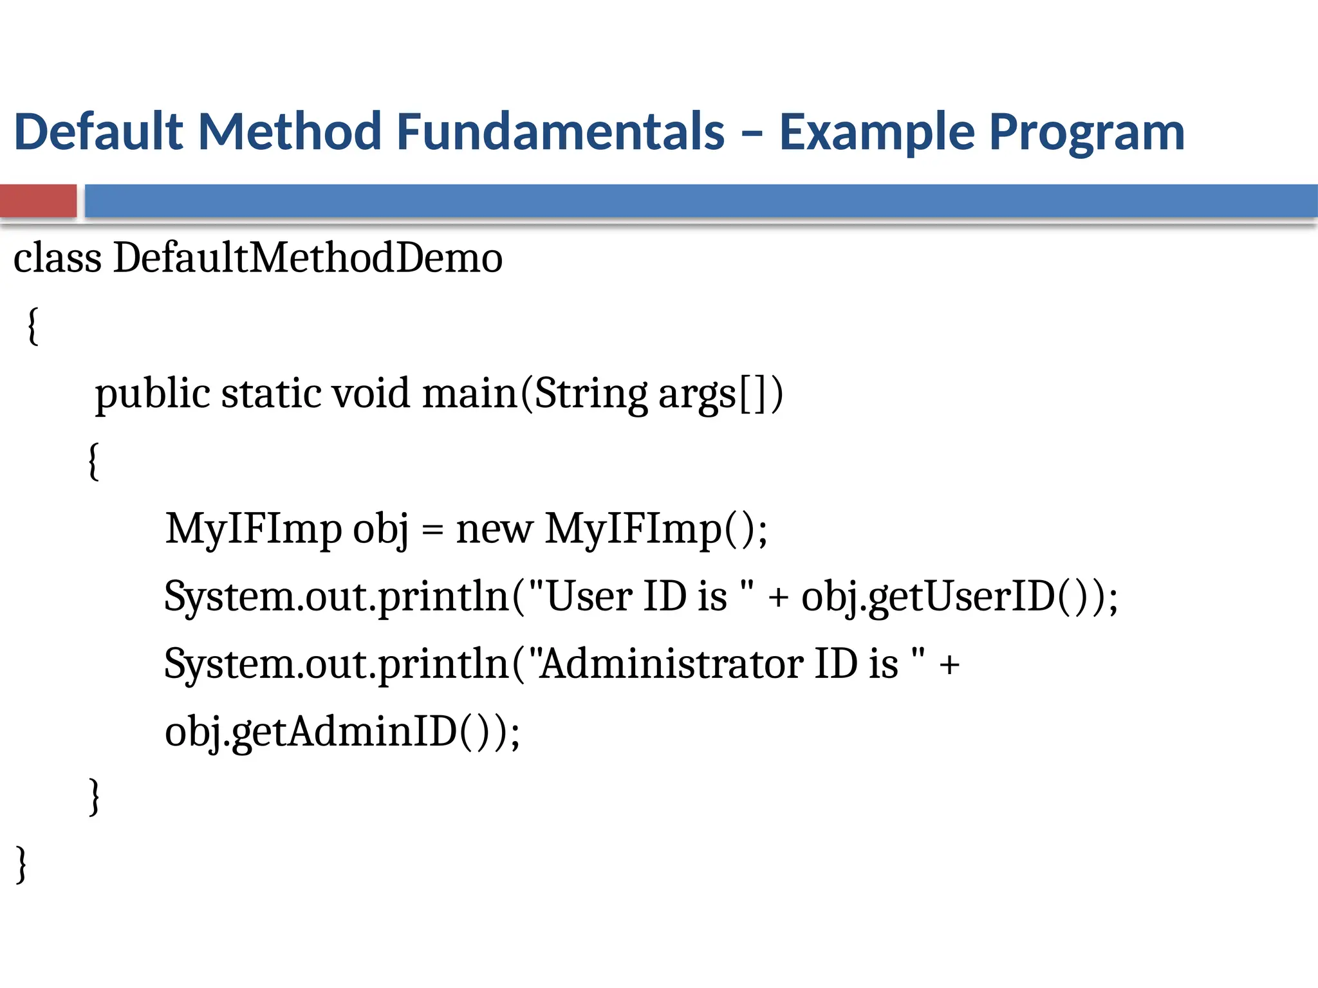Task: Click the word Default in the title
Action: pos(99,132)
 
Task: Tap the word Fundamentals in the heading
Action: pos(561,132)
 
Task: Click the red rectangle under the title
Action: pos(38,201)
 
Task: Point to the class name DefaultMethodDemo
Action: pos(308,258)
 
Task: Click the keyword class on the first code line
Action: pos(57,258)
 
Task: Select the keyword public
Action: pos(153,394)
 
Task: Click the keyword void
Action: pos(370,394)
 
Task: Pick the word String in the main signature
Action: pos(590,394)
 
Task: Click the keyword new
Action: pos(494,530)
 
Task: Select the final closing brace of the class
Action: pos(22,864)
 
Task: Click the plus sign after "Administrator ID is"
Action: pos(949,665)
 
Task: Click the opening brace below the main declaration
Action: pos(94,461)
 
